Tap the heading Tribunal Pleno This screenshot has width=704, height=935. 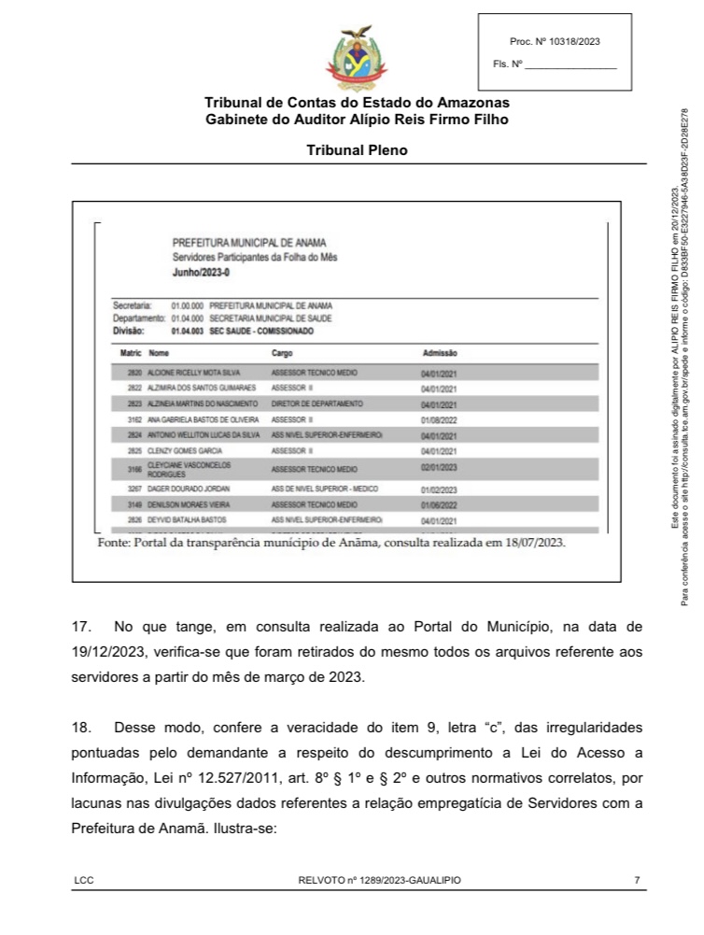[357, 149]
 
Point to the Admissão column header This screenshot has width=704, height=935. [440, 354]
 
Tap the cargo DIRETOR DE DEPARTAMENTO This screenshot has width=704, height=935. [317, 404]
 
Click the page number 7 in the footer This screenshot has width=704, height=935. [637, 880]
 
